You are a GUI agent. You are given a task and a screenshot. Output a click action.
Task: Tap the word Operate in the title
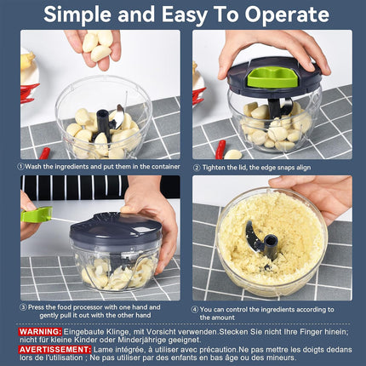click(x=287, y=14)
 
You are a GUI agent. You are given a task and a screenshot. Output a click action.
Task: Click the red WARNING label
click(x=40, y=331)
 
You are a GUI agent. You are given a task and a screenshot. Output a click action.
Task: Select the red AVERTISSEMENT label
click(x=55, y=349)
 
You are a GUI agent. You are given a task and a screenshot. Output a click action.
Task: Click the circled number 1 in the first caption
click(x=20, y=167)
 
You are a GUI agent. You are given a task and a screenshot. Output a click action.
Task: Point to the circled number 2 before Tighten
click(x=197, y=168)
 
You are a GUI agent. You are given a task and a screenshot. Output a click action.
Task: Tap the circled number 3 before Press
click(x=23, y=307)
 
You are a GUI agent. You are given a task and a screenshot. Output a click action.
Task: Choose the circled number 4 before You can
click(x=195, y=310)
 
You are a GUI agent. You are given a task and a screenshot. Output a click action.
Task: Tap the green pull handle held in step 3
click(x=37, y=214)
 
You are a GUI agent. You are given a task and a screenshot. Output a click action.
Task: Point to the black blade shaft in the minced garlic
click(x=271, y=247)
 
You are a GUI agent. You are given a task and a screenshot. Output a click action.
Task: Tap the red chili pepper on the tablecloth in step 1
click(x=44, y=153)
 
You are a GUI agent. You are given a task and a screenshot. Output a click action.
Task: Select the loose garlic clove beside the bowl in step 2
click(x=233, y=154)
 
